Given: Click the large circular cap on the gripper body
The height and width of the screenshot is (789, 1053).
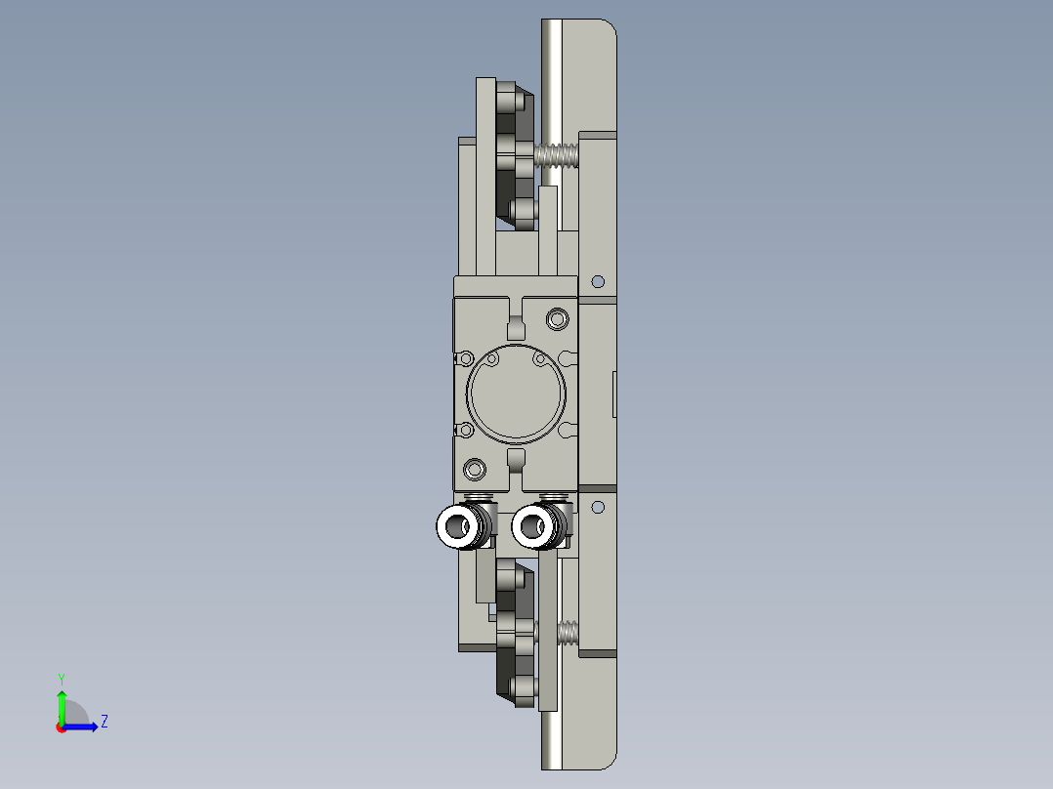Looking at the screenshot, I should tap(516, 394).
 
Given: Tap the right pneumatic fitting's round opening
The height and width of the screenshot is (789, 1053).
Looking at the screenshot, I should tap(531, 527).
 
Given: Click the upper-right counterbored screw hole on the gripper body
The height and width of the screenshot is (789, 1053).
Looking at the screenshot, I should tap(558, 318).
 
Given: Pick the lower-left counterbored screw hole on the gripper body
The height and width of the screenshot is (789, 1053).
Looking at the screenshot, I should tap(475, 470).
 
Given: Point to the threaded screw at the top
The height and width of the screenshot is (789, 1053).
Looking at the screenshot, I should tap(557, 155).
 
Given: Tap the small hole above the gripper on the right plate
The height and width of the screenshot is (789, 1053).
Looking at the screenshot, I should tap(599, 282).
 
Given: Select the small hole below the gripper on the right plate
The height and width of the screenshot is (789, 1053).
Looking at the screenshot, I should tap(599, 507).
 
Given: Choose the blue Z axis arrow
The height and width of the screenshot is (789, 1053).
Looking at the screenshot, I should tap(82, 727).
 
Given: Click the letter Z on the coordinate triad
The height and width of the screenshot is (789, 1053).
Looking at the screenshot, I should tap(104, 722).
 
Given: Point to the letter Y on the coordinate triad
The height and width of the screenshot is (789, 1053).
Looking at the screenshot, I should tap(61, 678).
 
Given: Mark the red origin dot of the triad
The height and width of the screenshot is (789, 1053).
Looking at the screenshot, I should tap(61, 727).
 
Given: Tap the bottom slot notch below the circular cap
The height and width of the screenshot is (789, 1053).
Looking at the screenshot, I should tap(517, 458).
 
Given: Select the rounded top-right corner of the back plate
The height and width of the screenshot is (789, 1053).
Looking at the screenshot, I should tap(610, 28).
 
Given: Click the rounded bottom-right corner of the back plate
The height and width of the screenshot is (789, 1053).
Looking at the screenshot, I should tap(610, 760).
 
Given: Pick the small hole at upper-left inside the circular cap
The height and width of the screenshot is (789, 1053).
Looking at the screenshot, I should tap(492, 360).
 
